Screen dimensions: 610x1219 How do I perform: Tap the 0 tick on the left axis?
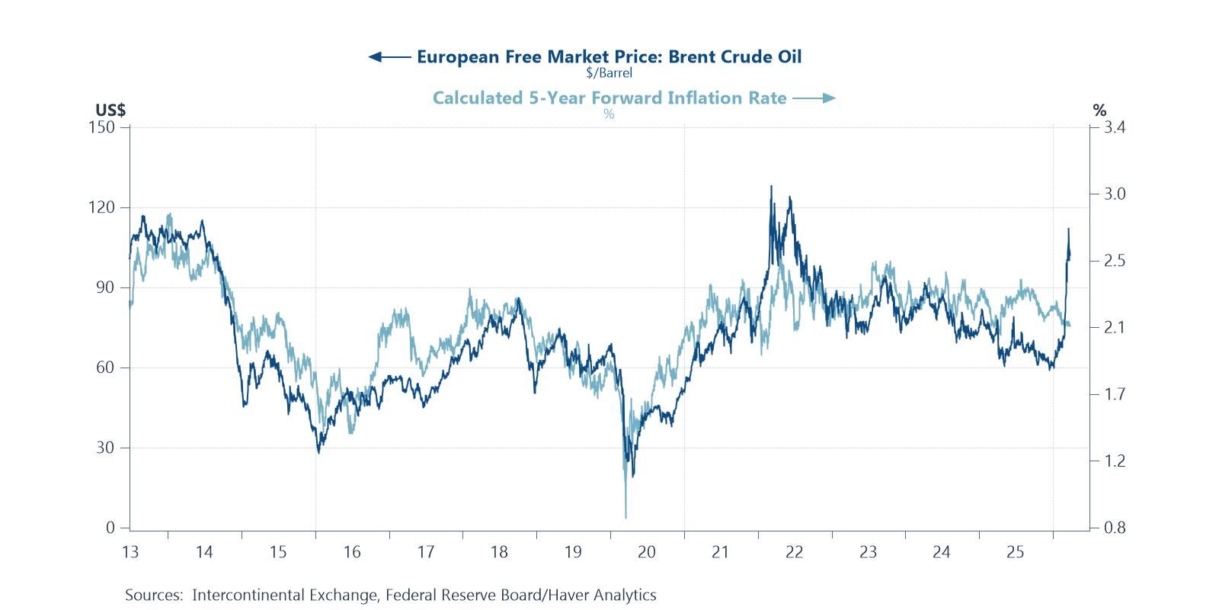point(111,528)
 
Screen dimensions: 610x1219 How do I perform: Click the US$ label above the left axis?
point(110,111)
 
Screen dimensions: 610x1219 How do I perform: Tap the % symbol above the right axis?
point(1099,111)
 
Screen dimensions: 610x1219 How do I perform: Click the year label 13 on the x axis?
point(130,552)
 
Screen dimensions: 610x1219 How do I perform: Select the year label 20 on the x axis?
point(647,552)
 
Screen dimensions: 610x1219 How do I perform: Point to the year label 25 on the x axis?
point(1016,552)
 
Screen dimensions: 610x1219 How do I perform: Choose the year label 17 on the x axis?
point(425,552)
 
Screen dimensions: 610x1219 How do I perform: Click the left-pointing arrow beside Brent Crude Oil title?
point(389,56)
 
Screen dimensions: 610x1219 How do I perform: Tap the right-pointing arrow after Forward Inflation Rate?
point(814,98)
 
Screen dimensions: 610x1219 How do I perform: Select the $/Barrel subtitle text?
point(609,73)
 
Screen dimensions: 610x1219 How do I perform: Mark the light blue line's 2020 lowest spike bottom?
point(625,518)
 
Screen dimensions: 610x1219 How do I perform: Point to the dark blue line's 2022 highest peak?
point(771,186)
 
